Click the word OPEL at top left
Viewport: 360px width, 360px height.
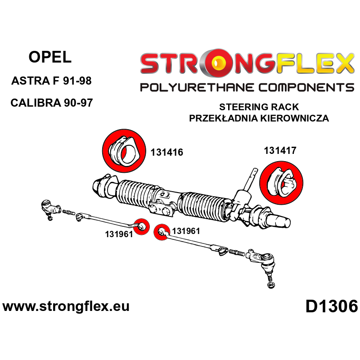(50, 57)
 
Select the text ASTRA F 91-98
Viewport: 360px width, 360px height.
(51, 81)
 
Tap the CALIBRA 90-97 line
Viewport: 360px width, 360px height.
(52, 103)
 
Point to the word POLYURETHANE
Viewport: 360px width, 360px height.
(197, 87)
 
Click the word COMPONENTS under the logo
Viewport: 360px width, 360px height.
(306, 87)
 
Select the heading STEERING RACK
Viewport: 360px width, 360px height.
(259, 107)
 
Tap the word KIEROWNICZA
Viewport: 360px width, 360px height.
(295, 118)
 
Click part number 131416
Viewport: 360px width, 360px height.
(167, 152)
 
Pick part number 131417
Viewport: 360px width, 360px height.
(280, 151)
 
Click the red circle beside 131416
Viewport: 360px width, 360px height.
(124, 151)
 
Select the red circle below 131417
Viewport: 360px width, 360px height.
(281, 183)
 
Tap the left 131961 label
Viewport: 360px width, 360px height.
(119, 234)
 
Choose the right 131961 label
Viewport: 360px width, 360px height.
(186, 231)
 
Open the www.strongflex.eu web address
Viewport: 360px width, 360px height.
(66, 306)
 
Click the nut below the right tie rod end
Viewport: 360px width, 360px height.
(271, 285)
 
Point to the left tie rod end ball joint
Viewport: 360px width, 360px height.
(49, 208)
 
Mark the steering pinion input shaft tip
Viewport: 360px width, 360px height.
(254, 171)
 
